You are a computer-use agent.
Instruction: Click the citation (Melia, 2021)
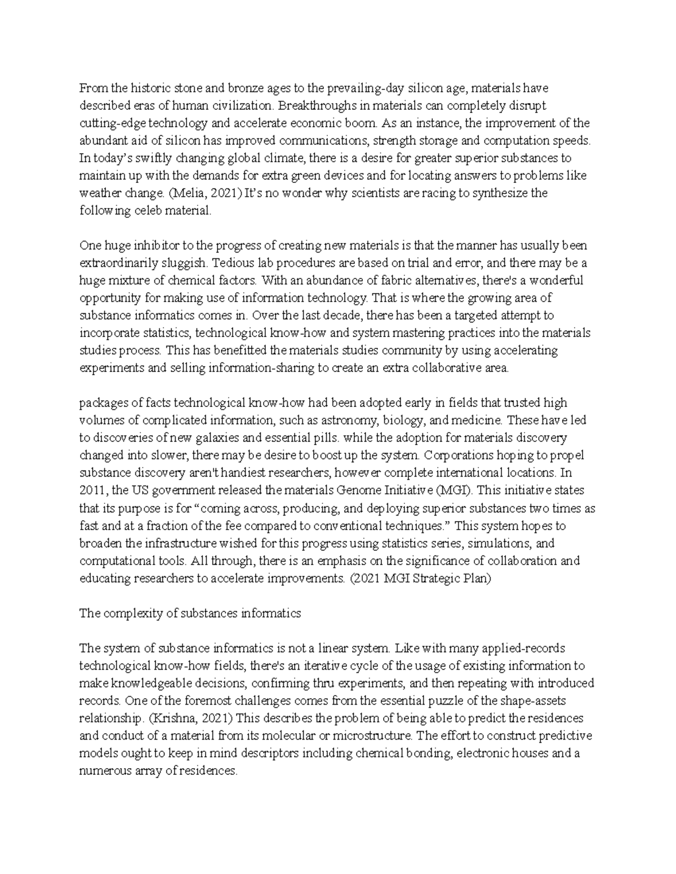[199, 193]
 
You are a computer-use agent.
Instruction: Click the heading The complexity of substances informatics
[190, 613]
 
